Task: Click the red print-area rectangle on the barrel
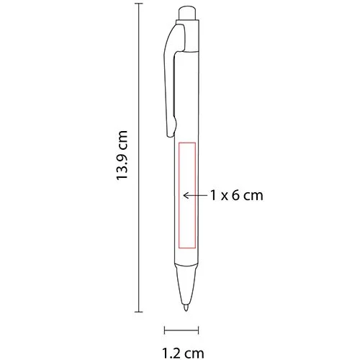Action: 185,194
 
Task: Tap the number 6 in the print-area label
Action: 236,194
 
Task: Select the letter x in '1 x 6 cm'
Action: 223,195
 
